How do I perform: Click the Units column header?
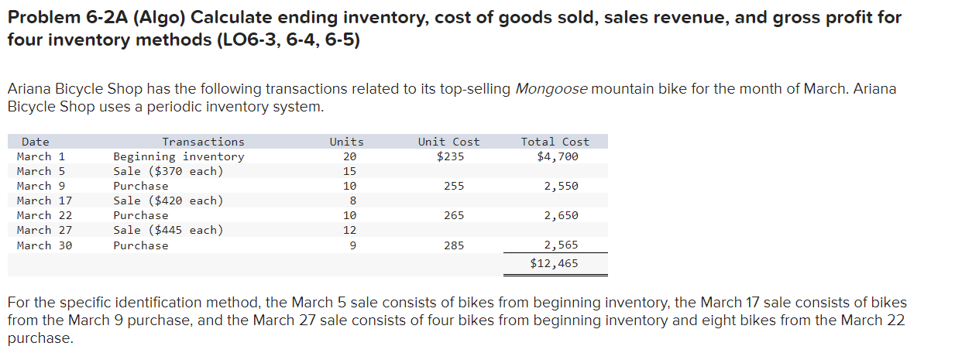tap(346, 142)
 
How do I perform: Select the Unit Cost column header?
tap(448, 142)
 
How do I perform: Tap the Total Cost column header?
tap(555, 142)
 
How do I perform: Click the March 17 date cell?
tap(44, 201)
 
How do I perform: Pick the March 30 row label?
tap(44, 245)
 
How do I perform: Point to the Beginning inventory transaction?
tap(178, 156)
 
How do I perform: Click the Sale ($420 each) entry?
tap(168, 201)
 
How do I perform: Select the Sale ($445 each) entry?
tap(168, 230)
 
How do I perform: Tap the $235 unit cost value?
tap(449, 156)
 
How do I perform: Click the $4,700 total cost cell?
tap(558, 156)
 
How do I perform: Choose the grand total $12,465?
tap(554, 263)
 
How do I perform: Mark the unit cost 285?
tap(454, 245)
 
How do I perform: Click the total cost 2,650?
tap(561, 215)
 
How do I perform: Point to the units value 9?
tap(352, 245)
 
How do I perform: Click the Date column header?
tap(35, 142)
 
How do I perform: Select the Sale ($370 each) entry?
tap(168, 171)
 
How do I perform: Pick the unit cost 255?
tap(454, 186)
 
